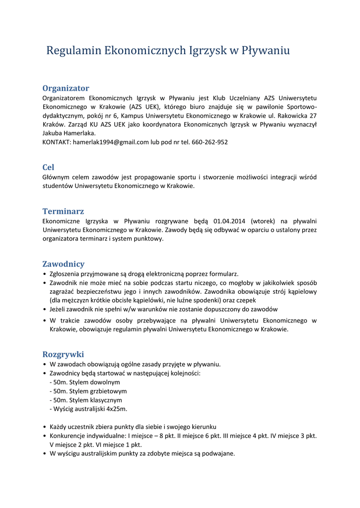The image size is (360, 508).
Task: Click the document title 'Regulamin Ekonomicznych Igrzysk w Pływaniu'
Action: tap(168, 51)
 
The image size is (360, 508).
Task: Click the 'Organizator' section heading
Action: tap(66, 88)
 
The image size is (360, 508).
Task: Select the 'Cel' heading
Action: tap(49, 168)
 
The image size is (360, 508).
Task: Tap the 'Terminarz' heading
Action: tap(63, 211)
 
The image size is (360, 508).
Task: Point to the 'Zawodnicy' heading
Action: tap(64, 264)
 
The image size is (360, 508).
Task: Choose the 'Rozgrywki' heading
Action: tap(63, 354)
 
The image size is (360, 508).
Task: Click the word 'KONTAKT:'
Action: tap(57, 142)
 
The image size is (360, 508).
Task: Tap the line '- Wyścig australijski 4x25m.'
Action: tap(89, 409)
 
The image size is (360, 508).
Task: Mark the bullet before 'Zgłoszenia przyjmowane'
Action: tap(45, 274)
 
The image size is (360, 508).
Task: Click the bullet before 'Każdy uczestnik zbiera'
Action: tap(45, 427)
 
